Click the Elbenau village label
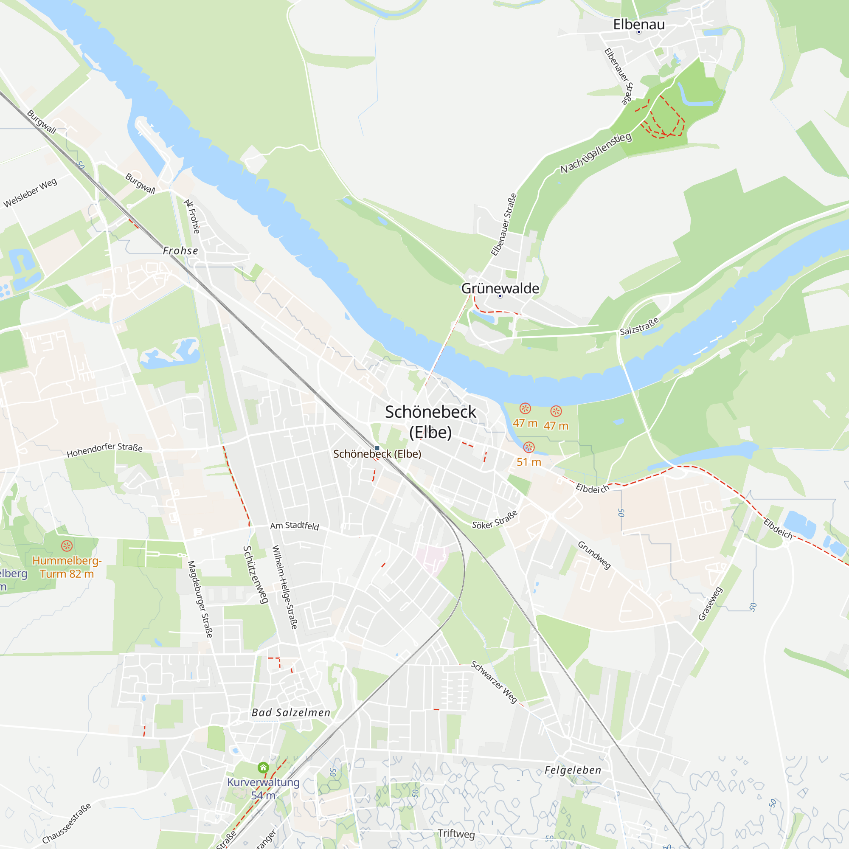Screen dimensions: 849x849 click(x=638, y=25)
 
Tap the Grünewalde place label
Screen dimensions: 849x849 click(x=500, y=288)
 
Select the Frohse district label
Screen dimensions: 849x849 click(x=180, y=250)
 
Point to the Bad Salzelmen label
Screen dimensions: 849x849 click(x=291, y=712)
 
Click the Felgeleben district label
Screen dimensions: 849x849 click(x=573, y=770)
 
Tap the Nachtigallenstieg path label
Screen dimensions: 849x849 click(x=596, y=152)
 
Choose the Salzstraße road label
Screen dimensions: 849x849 click(x=639, y=326)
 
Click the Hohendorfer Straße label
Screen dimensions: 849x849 click(x=104, y=450)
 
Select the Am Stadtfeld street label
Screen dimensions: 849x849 click(x=295, y=526)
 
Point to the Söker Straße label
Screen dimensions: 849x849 click(x=495, y=520)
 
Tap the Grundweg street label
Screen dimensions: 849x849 click(x=594, y=555)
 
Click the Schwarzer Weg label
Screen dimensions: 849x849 click(x=495, y=682)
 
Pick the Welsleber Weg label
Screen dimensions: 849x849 click(x=30, y=192)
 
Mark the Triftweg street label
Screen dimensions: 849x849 click(x=456, y=834)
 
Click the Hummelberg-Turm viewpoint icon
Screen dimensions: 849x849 click(x=67, y=546)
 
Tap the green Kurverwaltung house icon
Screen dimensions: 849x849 click(x=263, y=767)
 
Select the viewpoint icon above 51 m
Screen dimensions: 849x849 click(x=529, y=447)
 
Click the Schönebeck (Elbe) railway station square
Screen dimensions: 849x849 click(x=377, y=448)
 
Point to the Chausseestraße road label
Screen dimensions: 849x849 click(x=67, y=823)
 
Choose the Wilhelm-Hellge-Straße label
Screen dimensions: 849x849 click(x=285, y=587)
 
